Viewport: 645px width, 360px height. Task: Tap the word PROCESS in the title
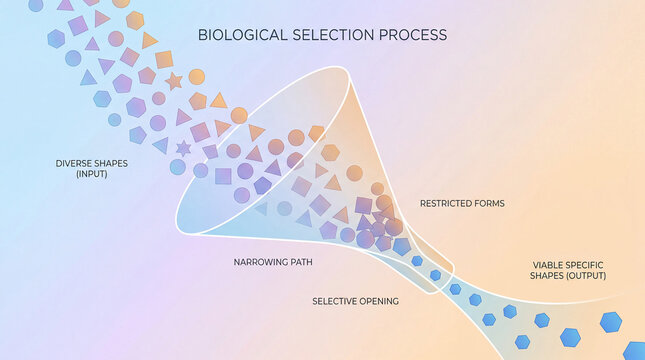pos(412,35)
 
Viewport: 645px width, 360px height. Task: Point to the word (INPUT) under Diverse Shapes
pos(90,174)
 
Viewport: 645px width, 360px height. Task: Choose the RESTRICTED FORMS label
pos(462,203)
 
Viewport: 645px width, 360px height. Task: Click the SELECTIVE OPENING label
pos(355,301)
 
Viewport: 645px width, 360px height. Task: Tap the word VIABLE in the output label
pos(548,265)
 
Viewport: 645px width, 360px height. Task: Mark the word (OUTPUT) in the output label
pos(584,276)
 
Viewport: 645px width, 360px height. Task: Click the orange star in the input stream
pos(173,81)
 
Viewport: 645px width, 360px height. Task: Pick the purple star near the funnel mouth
pos(183,148)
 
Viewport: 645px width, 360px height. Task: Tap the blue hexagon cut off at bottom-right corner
pos(634,351)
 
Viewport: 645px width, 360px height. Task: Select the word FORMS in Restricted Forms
pos(488,203)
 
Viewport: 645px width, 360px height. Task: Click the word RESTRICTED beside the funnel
pos(445,203)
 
